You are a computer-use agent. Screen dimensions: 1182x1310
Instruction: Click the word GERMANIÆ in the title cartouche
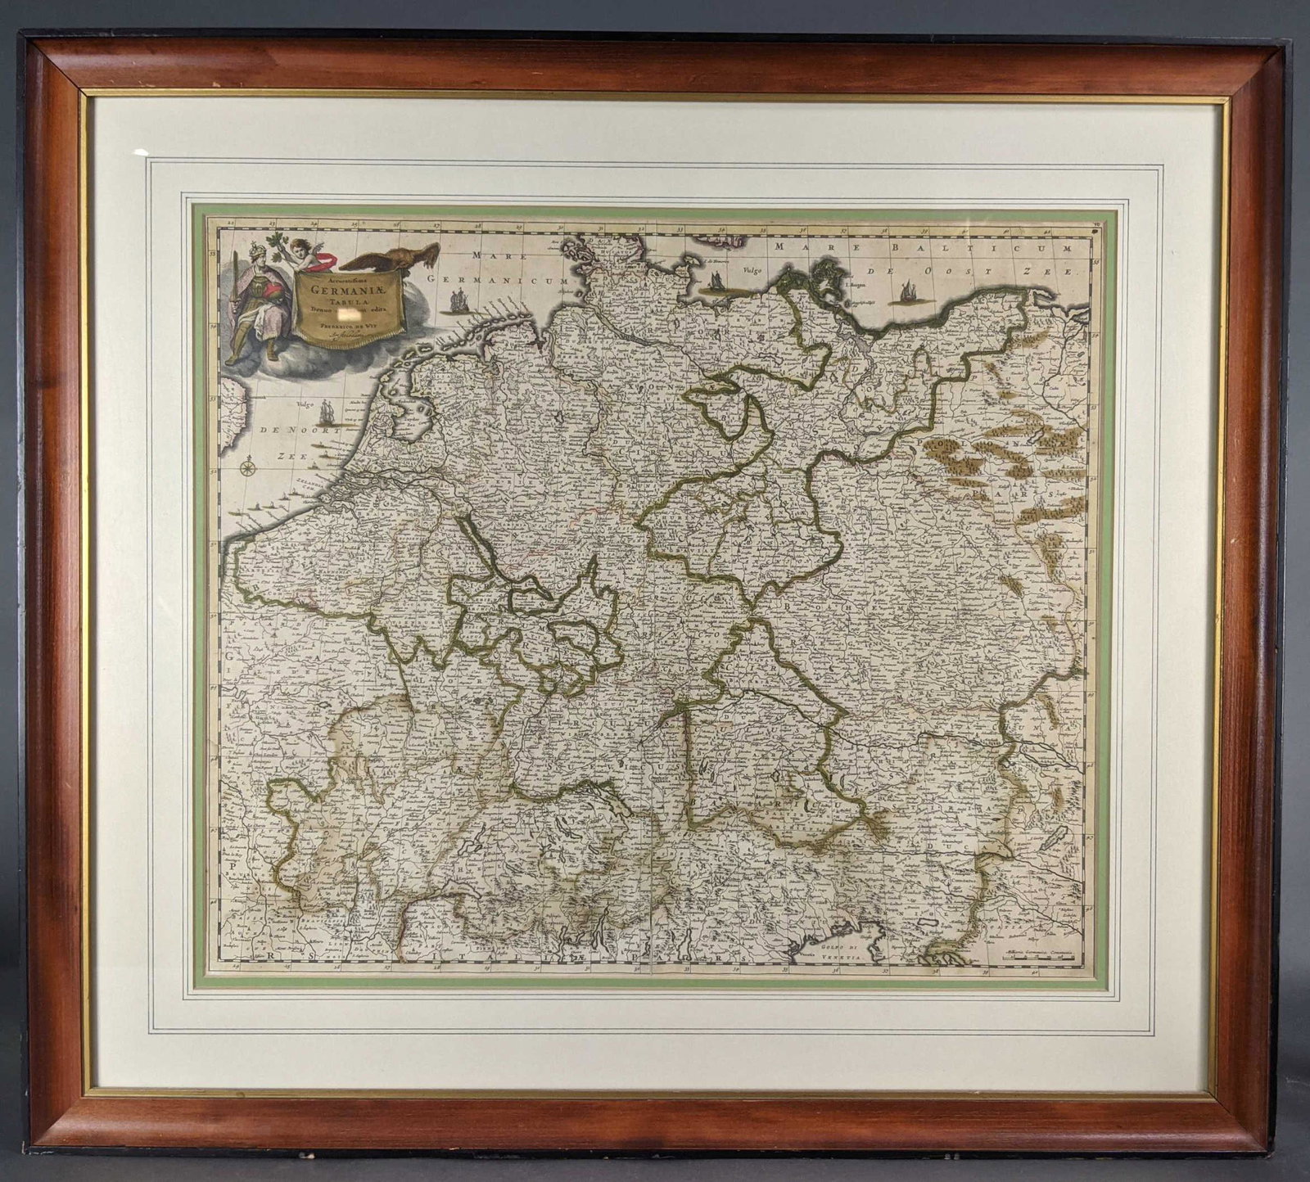[350, 287]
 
